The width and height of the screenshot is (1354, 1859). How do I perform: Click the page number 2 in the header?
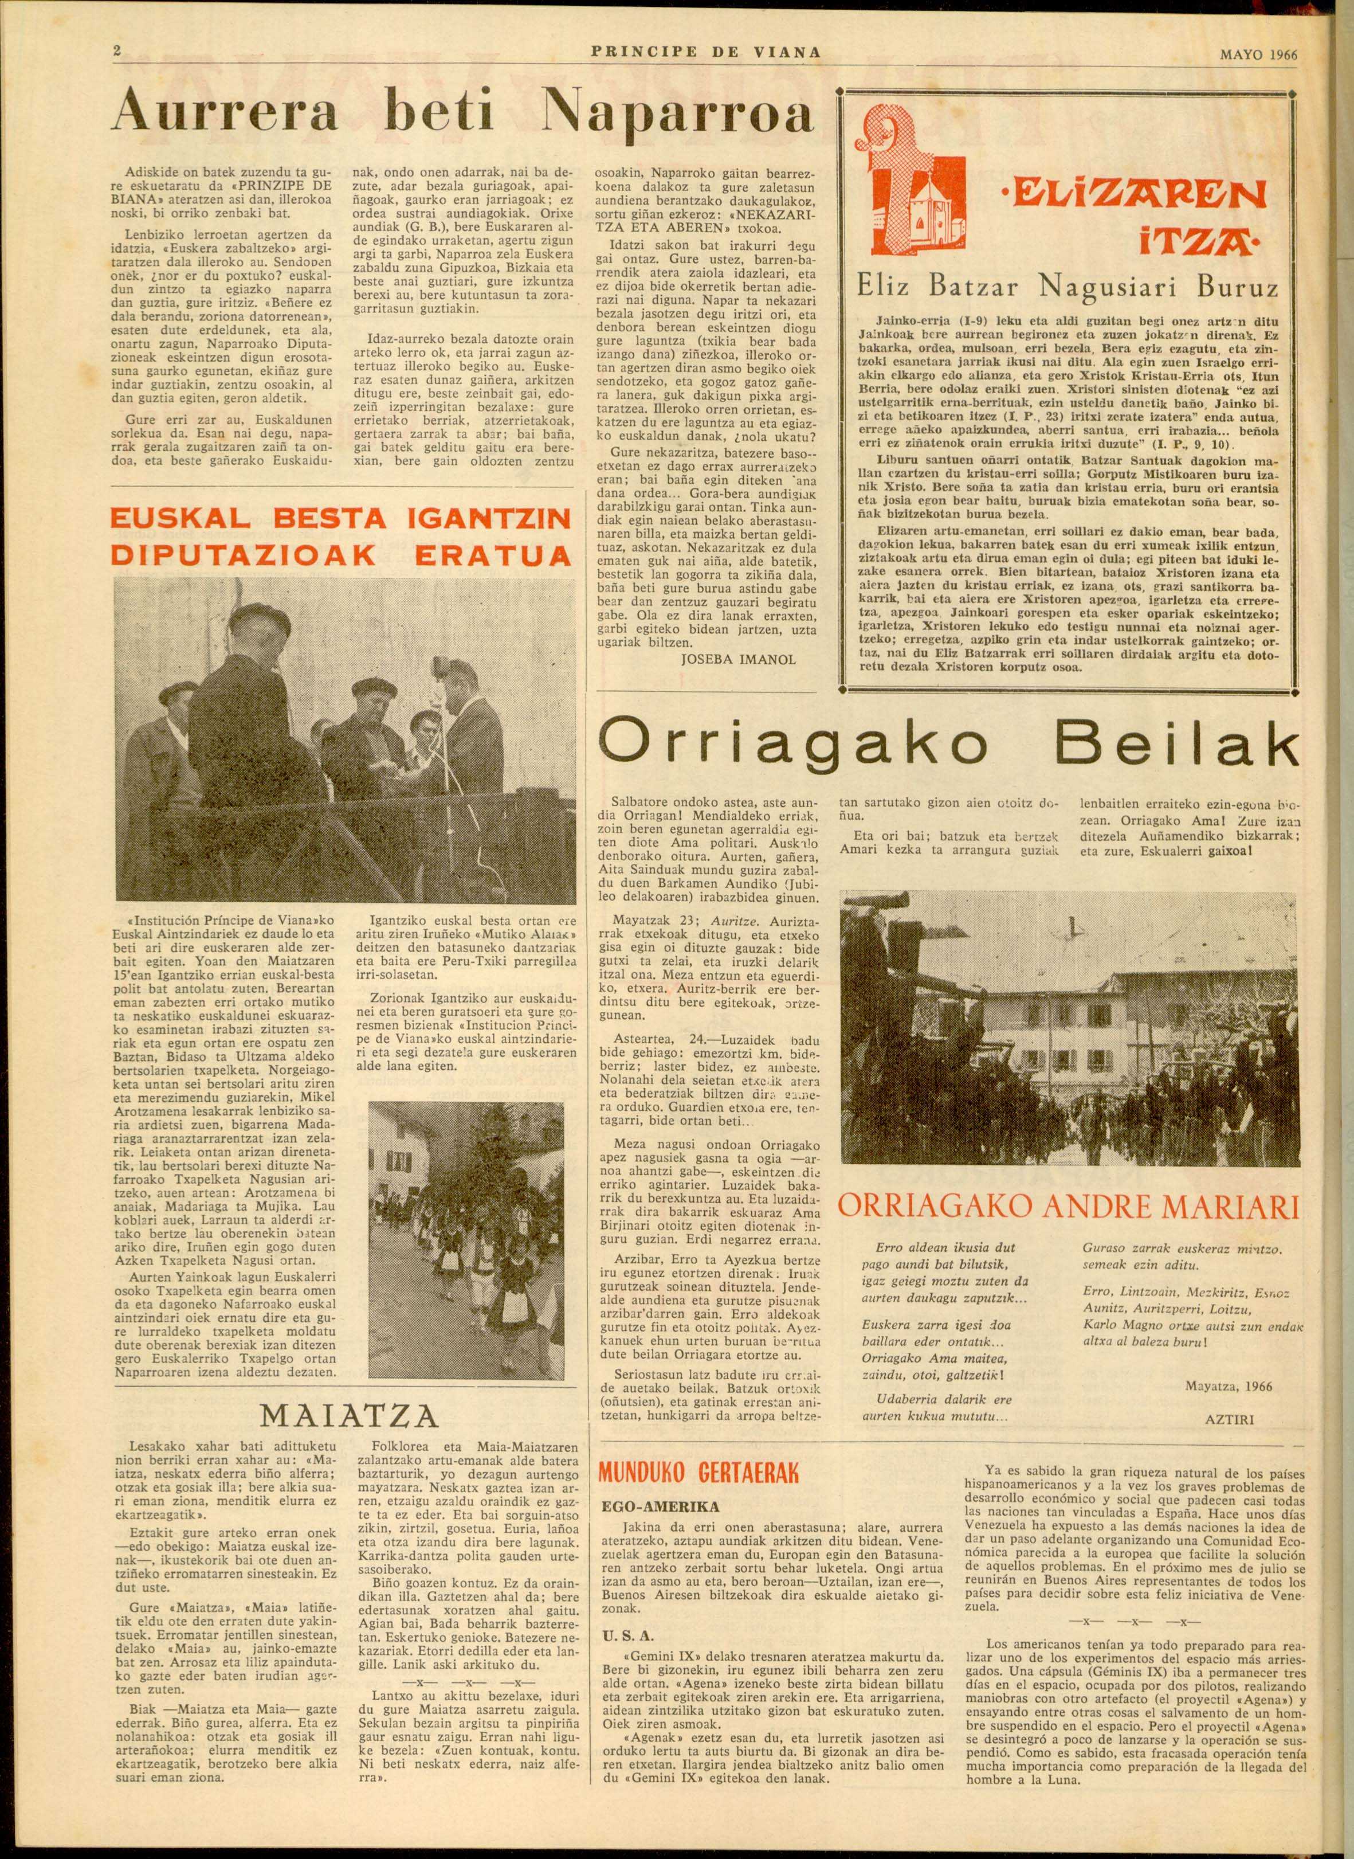coord(117,52)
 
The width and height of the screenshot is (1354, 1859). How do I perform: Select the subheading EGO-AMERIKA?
coord(661,1506)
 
